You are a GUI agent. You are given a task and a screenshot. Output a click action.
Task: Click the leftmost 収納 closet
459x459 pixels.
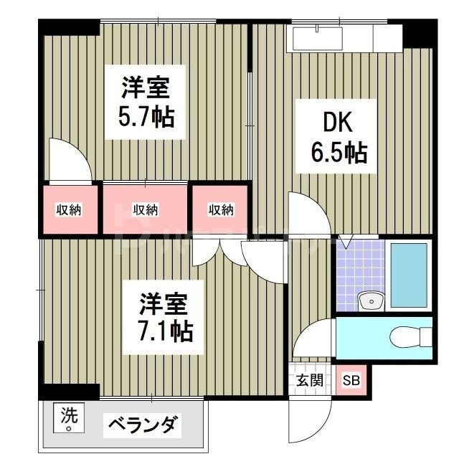tap(69, 209)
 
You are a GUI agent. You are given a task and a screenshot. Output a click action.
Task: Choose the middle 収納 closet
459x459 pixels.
tap(146, 209)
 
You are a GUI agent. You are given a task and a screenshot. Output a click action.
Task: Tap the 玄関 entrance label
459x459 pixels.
tap(310, 380)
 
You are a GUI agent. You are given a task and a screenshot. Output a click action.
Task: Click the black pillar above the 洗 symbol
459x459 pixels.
tap(68, 392)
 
